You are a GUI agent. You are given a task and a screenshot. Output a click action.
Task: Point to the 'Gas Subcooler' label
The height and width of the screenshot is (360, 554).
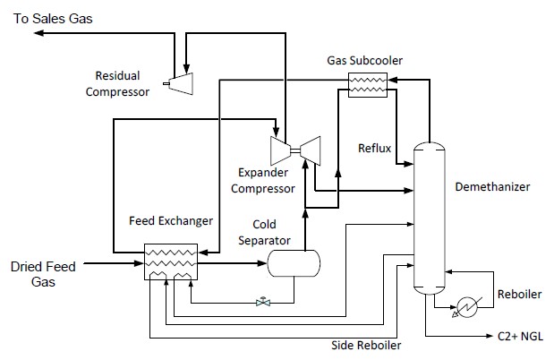[x=364, y=61]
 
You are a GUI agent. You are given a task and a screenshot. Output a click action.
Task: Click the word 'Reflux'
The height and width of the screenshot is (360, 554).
[x=374, y=147]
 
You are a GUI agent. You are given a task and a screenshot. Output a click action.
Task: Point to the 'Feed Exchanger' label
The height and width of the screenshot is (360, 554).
[x=171, y=219]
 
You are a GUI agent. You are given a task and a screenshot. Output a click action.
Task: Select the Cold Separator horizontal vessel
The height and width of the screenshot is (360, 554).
[x=294, y=262]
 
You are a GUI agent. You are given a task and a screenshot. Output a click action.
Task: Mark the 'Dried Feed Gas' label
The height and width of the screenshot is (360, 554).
[x=43, y=274]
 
